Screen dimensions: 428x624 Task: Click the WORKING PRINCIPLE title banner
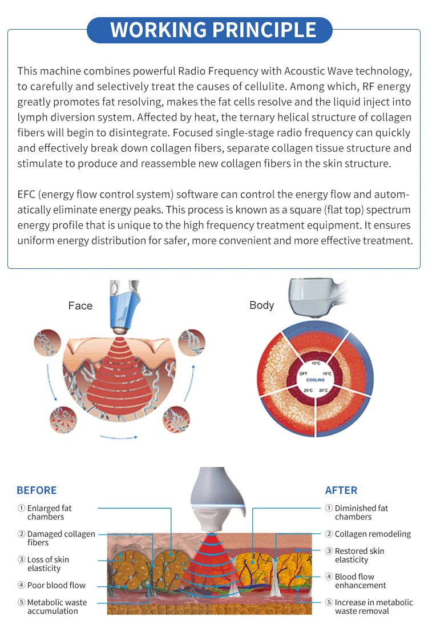209,30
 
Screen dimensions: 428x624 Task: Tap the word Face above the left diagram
80,305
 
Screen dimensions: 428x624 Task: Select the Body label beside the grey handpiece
262,305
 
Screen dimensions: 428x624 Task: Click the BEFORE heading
37,490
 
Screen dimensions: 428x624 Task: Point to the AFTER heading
341,490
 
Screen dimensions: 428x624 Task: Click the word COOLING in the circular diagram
316,380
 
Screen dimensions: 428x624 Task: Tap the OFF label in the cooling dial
303,373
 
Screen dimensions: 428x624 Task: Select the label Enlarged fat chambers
45,513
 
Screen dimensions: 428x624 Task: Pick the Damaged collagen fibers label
56,538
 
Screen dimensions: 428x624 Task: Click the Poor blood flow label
52,585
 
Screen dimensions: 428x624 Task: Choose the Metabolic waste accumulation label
52,606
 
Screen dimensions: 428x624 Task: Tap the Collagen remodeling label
368,534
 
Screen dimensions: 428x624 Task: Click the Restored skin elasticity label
355,555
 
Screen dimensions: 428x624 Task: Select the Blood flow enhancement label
356,581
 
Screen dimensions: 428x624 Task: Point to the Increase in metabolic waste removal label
369,606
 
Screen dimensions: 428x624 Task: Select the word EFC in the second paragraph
26,194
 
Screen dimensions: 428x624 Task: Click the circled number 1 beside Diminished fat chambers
329,508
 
